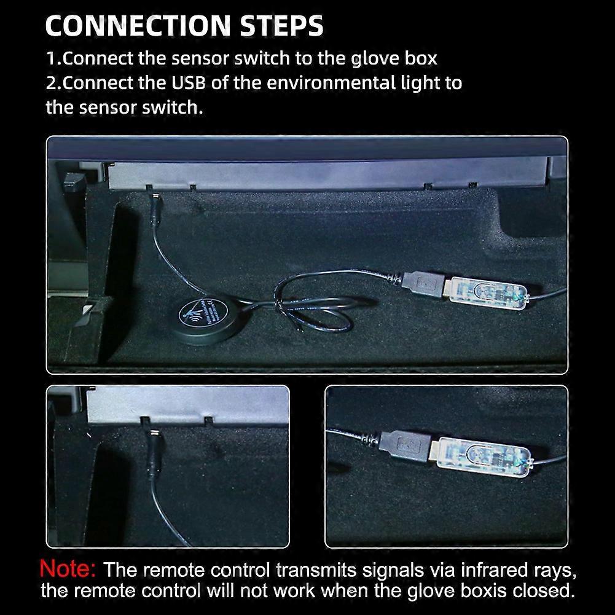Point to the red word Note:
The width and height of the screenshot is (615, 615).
point(68,568)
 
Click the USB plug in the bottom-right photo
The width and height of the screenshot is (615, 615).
point(402,447)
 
